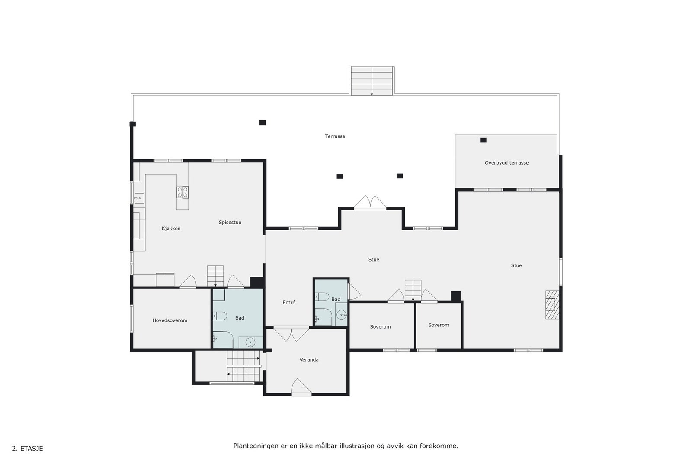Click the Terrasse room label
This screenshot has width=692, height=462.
point(335,136)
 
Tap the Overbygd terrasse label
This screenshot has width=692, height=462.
point(506,163)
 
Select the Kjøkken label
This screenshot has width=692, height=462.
point(171,229)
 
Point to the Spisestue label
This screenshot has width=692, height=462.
point(230,223)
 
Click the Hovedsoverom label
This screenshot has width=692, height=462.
point(170,320)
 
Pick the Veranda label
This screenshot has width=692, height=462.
point(309,360)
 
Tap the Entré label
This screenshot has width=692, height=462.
point(289,303)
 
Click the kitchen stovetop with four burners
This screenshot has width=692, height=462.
point(183,192)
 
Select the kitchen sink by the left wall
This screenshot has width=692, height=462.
point(138,198)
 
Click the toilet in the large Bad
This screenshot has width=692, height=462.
point(220,316)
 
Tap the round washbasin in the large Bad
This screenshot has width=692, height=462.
point(250,343)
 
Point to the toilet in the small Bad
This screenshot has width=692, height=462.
point(323,297)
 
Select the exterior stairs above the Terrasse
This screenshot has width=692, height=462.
point(372,81)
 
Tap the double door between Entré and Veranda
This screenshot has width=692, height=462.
point(292,334)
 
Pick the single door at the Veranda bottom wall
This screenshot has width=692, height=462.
point(301,387)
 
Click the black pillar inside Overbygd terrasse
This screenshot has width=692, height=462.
point(483,140)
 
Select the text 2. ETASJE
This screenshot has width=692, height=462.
point(27,449)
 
